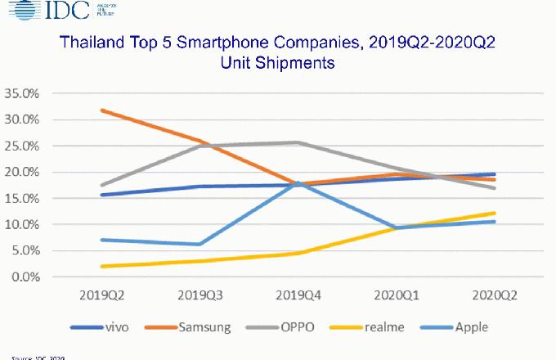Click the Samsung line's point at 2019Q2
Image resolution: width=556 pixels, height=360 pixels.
click(101, 110)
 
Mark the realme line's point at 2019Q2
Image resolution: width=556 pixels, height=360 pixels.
click(101, 266)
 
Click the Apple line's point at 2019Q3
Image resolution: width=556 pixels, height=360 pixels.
click(200, 244)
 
